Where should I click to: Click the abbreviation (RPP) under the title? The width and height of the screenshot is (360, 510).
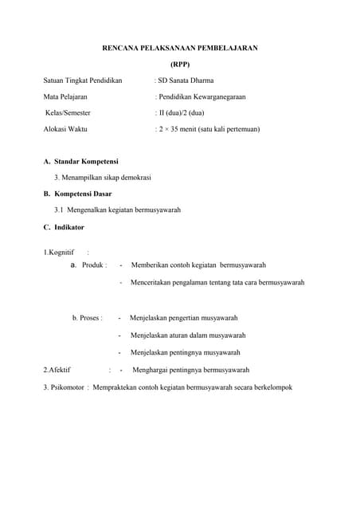(x=180, y=65)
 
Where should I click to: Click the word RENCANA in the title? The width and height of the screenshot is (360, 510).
(x=122, y=49)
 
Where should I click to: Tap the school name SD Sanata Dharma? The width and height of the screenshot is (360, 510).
(x=186, y=80)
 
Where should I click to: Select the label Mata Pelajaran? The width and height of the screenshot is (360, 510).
(x=65, y=96)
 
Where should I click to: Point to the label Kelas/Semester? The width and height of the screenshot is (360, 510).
(x=68, y=112)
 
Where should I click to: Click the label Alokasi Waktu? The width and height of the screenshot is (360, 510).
(x=65, y=128)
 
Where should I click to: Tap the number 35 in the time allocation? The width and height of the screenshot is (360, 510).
(x=177, y=128)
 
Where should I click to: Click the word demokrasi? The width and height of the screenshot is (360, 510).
(x=134, y=177)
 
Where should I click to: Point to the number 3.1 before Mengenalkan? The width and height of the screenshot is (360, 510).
(x=60, y=210)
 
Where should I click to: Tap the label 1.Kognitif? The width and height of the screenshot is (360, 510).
(x=59, y=253)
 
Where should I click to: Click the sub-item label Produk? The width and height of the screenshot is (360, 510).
(x=94, y=265)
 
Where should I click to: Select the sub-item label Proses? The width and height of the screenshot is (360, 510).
(x=90, y=318)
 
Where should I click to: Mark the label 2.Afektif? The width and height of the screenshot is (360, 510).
(x=57, y=370)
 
